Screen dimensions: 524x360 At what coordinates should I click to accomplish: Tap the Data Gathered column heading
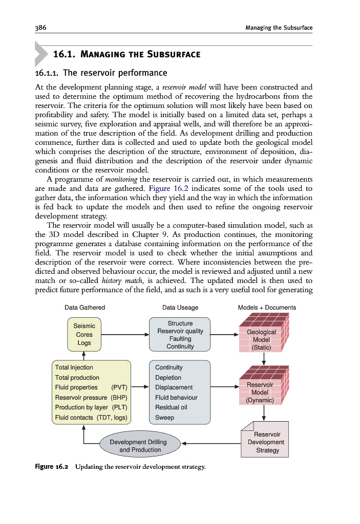pos(84,308)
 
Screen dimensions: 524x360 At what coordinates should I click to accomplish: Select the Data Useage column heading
pos(180,308)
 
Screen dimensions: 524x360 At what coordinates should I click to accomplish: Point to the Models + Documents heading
pos(267,308)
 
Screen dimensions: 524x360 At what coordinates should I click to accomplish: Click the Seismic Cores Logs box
pos(84,334)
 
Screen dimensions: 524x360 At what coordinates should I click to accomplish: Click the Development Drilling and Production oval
pos(140,446)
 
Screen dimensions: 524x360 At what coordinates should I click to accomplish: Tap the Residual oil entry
pos(171,407)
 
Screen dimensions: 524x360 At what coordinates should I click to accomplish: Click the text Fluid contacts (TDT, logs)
pos(91,418)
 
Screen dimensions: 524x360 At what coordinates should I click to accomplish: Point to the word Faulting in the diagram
pos(180,339)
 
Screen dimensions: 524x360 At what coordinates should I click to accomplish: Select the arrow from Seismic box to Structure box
pos(125,335)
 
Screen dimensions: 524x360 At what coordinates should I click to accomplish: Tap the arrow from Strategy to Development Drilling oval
pos(210,444)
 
